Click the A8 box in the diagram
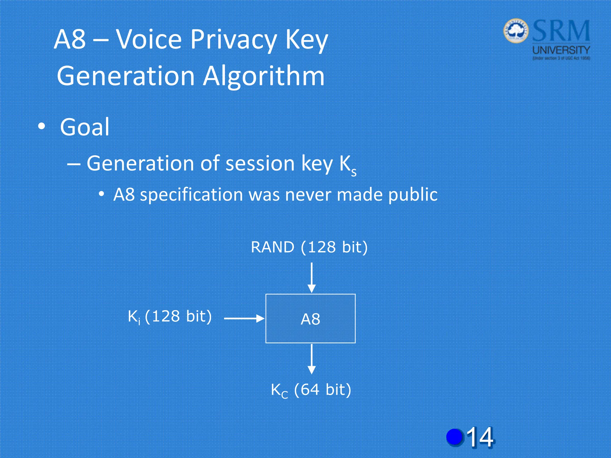tap(310, 318)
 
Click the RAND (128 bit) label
tap(309, 247)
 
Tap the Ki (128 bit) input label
tap(169, 316)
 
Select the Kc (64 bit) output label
tap(311, 390)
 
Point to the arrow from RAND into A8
tap(311, 277)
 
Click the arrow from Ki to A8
tap(244, 318)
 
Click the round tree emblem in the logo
tap(516, 31)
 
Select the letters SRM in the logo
tap(561, 31)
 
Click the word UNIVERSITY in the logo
tap(561, 50)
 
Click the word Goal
tap(85, 127)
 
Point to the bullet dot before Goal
tap(42, 126)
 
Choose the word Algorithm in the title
tap(264, 76)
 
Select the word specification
tap(192, 195)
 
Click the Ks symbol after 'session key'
tap(348, 165)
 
